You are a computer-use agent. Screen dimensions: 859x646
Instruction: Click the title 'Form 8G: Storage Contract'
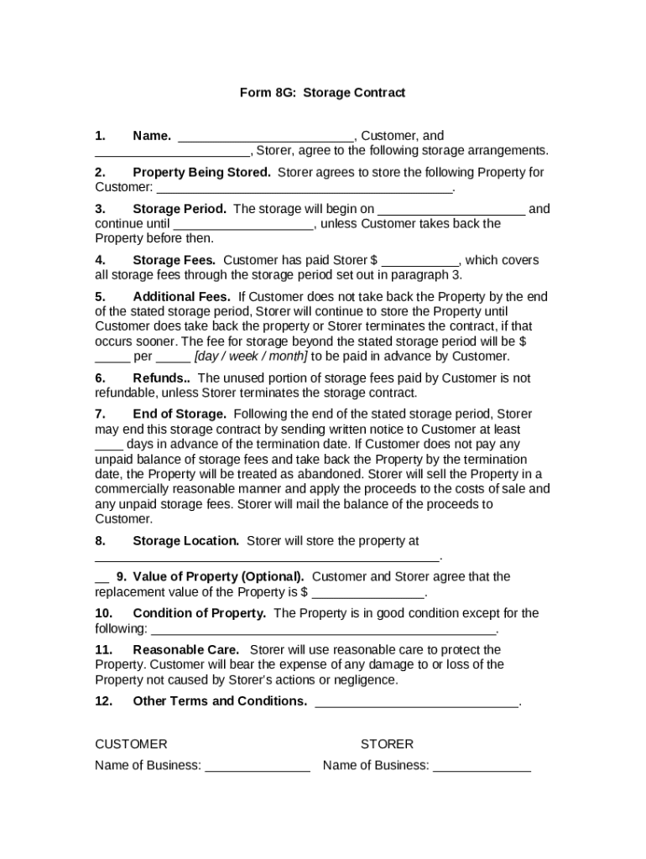[322, 93]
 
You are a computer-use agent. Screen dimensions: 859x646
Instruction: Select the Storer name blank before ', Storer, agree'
[172, 152]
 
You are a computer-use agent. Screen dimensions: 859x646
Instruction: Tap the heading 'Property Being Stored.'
[201, 173]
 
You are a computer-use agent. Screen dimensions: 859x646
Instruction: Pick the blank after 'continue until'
[243, 225]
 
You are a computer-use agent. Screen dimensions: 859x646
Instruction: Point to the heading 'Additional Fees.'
[181, 297]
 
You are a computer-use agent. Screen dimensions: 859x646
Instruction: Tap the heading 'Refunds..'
[162, 378]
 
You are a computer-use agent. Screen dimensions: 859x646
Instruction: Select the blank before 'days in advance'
[109, 445]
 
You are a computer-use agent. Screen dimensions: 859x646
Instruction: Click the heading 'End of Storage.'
[180, 414]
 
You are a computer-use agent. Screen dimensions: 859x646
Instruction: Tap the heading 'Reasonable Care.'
[185, 650]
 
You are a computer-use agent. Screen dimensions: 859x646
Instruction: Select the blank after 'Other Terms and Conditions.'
[416, 702]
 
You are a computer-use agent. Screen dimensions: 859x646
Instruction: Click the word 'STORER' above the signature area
[387, 745]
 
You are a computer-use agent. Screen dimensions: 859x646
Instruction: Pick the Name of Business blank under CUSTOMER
[257, 767]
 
